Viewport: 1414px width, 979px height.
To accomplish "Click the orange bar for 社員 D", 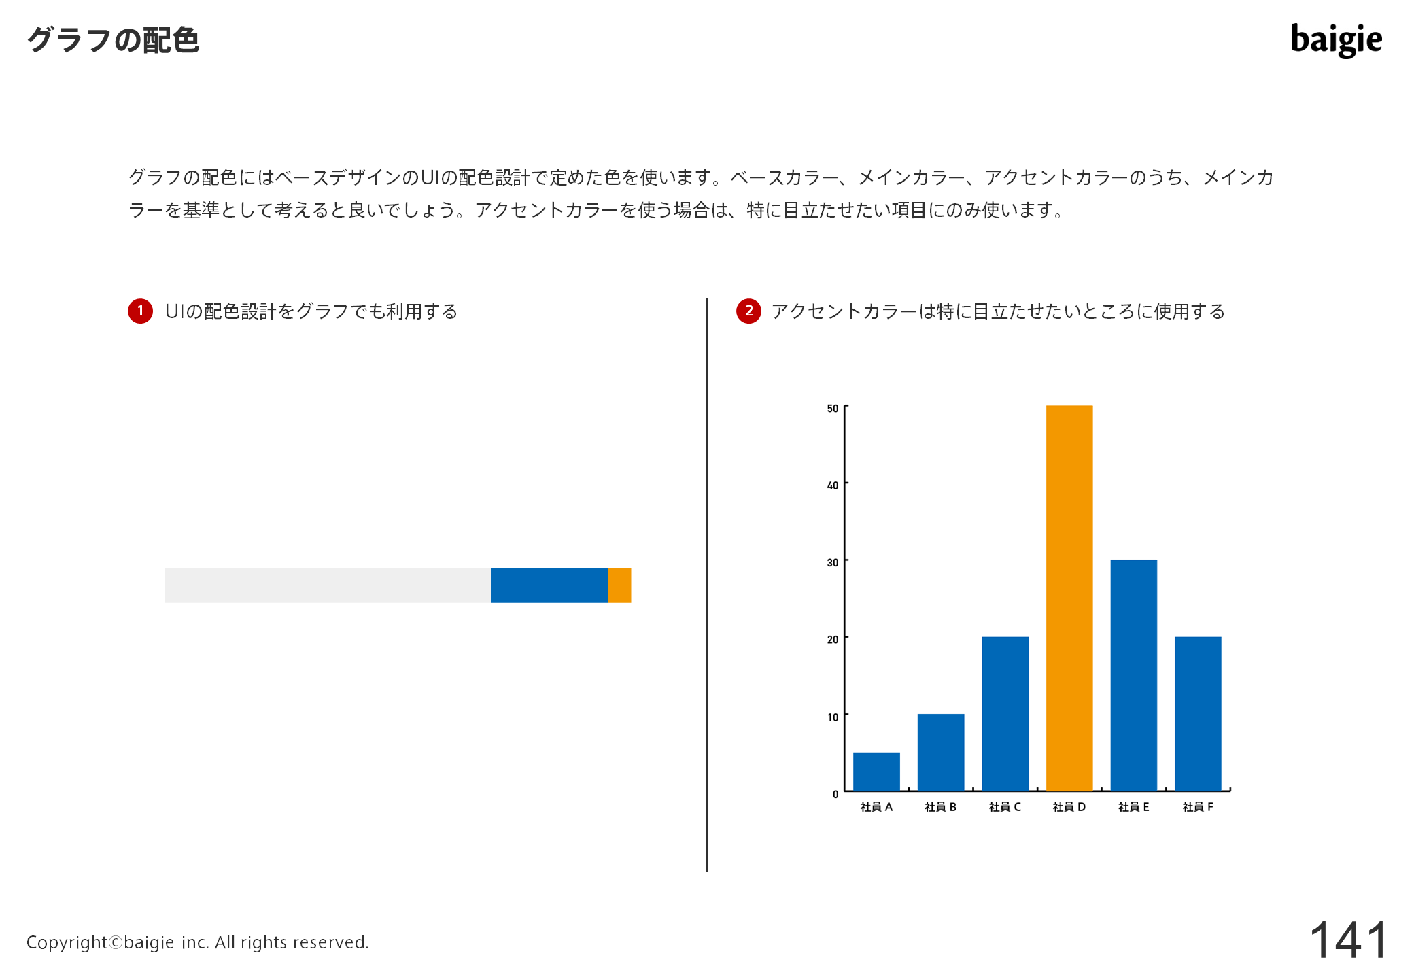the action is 1069,598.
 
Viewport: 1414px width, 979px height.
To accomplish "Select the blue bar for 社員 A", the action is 876,772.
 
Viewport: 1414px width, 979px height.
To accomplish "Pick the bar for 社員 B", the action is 941,753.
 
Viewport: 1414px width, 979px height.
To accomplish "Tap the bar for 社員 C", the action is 1005,714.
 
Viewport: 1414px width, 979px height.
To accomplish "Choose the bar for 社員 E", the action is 1134,675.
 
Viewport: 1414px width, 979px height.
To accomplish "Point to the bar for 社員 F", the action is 1198,714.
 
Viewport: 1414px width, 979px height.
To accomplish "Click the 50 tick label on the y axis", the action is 833,409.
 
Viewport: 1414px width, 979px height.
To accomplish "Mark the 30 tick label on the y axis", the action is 833,562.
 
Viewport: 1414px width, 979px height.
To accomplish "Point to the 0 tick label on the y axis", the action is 835,794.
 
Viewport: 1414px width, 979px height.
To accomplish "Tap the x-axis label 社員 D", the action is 1069,807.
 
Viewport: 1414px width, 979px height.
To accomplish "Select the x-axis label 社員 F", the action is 1198,807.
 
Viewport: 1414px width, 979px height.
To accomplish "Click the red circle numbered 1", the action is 141,311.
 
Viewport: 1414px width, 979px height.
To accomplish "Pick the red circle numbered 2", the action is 748,311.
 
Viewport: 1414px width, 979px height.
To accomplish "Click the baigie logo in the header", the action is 1337,40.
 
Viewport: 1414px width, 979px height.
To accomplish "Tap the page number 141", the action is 1349,940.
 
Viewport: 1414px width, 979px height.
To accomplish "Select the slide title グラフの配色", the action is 114,40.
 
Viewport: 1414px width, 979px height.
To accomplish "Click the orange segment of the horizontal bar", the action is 619,585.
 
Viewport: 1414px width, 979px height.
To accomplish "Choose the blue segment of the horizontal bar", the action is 549,585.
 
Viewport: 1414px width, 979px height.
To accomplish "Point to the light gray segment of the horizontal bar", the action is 328,585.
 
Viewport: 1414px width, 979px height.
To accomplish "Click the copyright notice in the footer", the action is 198,942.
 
